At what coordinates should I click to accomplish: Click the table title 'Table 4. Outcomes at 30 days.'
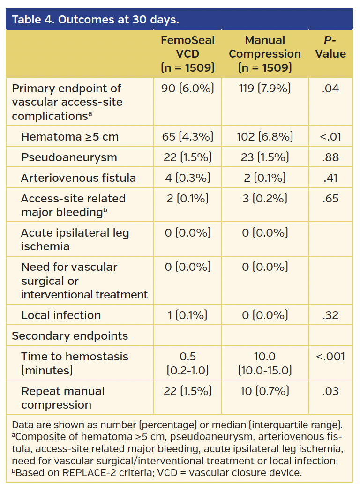tap(95, 20)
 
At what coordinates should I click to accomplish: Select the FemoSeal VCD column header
tap(187, 54)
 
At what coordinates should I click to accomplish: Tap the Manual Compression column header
tap(265, 54)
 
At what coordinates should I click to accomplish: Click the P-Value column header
tap(330, 47)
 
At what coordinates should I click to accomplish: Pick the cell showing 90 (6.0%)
tap(187, 89)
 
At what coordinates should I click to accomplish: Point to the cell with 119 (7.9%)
tap(265, 89)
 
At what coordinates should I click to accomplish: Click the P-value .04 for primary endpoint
tap(330, 89)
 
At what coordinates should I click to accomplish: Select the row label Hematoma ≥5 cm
tap(70, 137)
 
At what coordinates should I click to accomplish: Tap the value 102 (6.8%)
tap(265, 137)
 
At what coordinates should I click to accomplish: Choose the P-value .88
tap(330, 157)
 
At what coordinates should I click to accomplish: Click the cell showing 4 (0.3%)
tap(187, 178)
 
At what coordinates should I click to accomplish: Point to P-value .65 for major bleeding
tap(330, 199)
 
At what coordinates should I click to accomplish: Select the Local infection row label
tap(61, 315)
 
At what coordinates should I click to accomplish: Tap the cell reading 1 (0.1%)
tap(187, 315)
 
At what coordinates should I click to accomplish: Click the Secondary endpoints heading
tap(70, 336)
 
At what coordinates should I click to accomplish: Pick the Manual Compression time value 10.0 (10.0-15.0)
tap(265, 364)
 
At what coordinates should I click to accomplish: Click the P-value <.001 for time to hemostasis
tap(330, 357)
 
